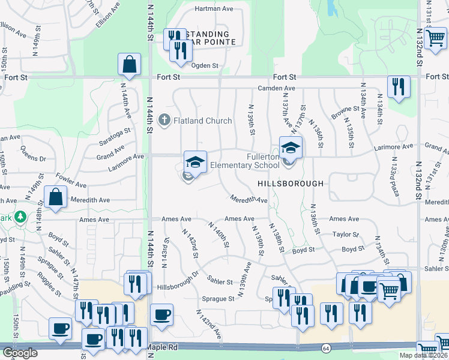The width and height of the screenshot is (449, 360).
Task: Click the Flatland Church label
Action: point(202,121)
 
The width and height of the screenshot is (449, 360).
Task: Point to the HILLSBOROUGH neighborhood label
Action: point(291,184)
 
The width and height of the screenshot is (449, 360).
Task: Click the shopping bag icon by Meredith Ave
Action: point(55,198)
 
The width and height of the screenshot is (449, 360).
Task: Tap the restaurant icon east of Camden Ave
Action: point(399,87)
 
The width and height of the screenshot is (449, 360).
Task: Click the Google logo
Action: point(19,353)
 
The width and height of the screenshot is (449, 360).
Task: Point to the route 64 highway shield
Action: point(326,347)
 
